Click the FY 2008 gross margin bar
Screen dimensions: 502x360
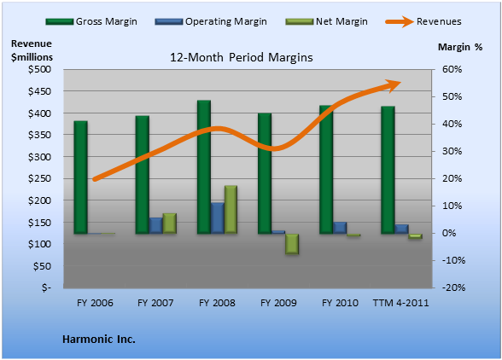point(204,166)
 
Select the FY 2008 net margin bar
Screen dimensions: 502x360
point(231,209)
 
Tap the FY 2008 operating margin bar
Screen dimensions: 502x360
point(218,218)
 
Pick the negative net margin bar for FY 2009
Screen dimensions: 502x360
point(292,244)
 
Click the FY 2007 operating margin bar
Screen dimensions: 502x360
point(156,225)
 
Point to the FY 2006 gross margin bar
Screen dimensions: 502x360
point(80,177)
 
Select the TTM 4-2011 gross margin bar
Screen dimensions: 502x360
point(388,170)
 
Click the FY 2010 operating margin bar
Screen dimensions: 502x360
point(340,228)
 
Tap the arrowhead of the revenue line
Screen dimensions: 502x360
point(393,85)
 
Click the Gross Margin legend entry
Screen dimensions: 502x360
point(91,21)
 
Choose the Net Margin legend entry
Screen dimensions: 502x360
point(326,21)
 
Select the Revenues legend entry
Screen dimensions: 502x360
point(423,21)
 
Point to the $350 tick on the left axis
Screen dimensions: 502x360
point(39,135)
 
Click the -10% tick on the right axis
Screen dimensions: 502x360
point(453,260)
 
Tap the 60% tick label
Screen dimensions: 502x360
point(452,69)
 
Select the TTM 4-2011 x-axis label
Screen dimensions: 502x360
point(401,303)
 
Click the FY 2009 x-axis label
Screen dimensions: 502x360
point(278,303)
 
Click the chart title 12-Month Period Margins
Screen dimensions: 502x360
point(242,58)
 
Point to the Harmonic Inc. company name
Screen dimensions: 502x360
point(99,340)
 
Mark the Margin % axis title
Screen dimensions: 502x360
point(460,47)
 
